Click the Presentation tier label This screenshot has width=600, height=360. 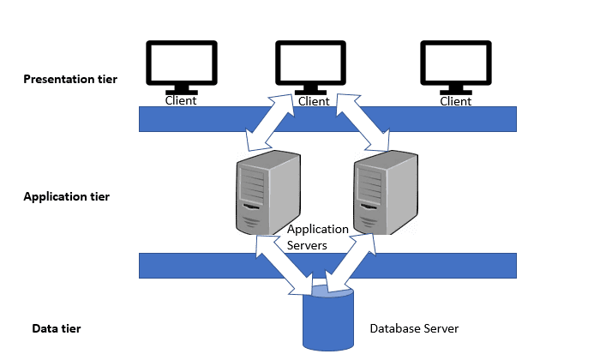pyautogui.click(x=70, y=80)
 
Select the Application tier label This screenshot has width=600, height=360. pyautogui.click(x=66, y=196)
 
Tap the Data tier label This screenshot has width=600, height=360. pyautogui.click(x=56, y=328)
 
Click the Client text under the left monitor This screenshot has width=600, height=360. pyautogui.click(x=181, y=100)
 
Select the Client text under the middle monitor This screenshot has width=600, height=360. pyautogui.click(x=313, y=101)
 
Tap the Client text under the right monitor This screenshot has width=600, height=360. pyautogui.click(x=455, y=100)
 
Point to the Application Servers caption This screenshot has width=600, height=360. pyautogui.click(x=318, y=237)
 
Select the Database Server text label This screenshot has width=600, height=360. pyautogui.click(x=414, y=328)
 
